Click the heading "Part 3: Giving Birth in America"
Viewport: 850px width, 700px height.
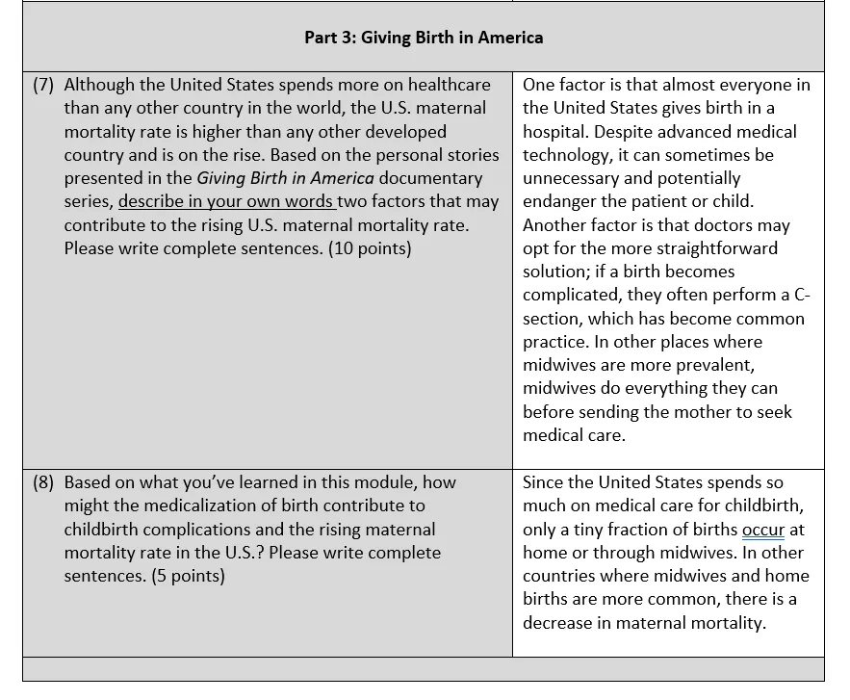click(424, 38)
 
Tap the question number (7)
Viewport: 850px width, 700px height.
click(43, 85)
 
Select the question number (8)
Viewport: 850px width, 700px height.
click(43, 482)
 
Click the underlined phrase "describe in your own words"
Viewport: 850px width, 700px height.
click(227, 202)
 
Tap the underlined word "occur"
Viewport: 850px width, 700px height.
click(763, 530)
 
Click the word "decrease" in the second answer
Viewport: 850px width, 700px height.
click(558, 622)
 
